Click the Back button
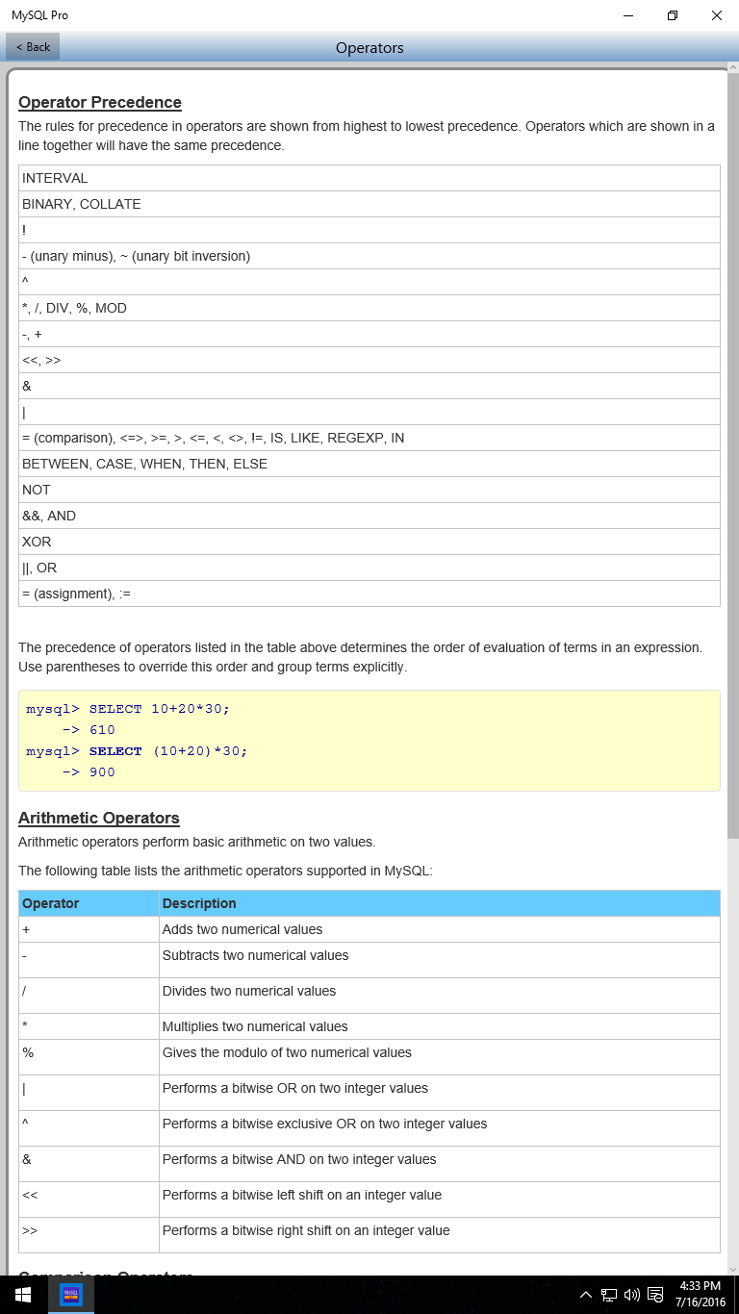click(33, 46)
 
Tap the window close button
click(716, 15)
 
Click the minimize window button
click(627, 15)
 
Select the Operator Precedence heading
click(100, 103)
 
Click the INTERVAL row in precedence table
click(55, 178)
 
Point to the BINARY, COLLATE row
click(82, 204)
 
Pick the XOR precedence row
click(37, 542)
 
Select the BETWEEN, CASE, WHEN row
click(144, 464)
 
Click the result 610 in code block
click(102, 730)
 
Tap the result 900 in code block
click(102, 772)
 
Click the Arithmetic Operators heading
click(99, 819)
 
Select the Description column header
click(199, 903)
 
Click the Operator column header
click(51, 903)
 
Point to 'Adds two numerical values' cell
click(242, 929)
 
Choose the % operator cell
click(28, 1053)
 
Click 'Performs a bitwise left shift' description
click(302, 1195)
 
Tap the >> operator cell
click(30, 1230)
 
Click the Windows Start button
click(23, 1295)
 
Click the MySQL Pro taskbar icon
click(70, 1295)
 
